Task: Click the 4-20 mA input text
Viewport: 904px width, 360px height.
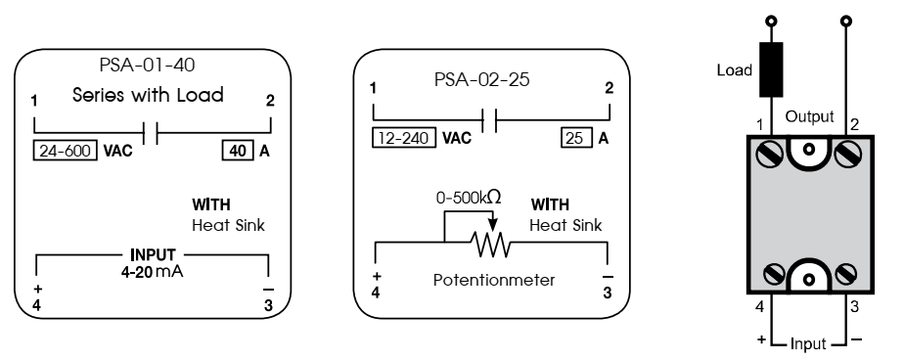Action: (152, 275)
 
